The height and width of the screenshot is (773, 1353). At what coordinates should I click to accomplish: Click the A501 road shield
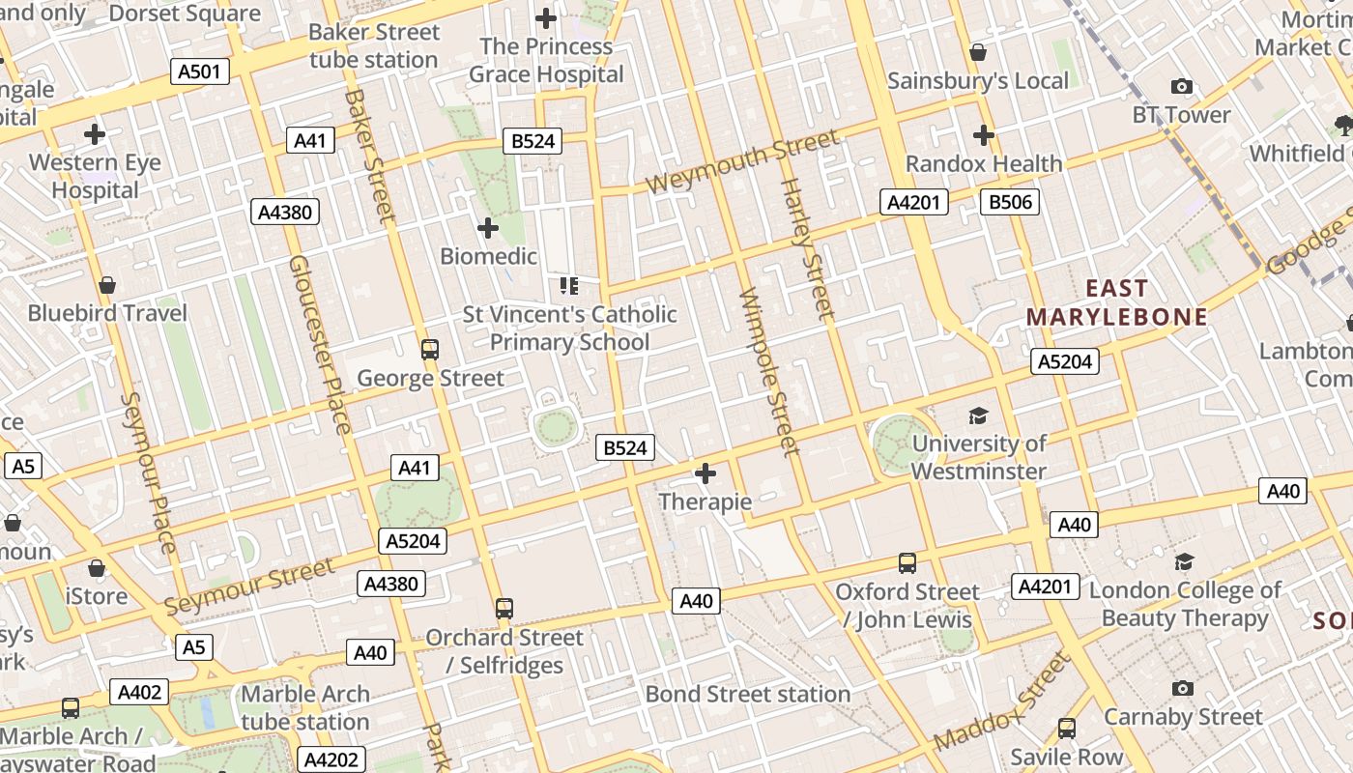200,72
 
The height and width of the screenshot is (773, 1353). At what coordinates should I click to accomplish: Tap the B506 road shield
1009,202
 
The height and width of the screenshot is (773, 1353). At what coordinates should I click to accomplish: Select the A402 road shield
139,692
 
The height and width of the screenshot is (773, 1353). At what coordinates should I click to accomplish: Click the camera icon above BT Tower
1181,87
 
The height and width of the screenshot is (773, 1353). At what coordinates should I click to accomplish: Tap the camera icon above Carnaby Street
1182,689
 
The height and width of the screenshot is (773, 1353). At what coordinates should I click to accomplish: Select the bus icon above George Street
430,349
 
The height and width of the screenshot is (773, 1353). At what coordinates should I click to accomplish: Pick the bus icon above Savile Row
1066,729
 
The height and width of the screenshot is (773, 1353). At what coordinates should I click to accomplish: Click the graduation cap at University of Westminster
979,416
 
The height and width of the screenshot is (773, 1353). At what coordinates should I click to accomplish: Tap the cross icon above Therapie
705,473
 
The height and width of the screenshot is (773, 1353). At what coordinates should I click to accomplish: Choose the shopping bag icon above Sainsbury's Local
978,52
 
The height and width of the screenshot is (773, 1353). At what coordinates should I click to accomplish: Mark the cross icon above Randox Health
984,135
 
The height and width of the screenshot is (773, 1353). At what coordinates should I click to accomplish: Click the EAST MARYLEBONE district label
1116,302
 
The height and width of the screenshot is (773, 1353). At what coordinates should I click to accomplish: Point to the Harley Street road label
806,248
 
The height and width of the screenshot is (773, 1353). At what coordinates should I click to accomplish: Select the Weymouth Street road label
741,161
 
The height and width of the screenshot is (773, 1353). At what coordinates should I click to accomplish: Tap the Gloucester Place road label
319,345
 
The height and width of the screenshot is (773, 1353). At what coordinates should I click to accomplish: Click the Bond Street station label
747,694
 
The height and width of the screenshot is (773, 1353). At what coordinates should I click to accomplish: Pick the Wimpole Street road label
769,371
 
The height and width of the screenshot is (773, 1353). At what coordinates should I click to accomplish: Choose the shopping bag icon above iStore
96,568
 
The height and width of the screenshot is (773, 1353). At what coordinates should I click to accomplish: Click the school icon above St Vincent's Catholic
569,285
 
